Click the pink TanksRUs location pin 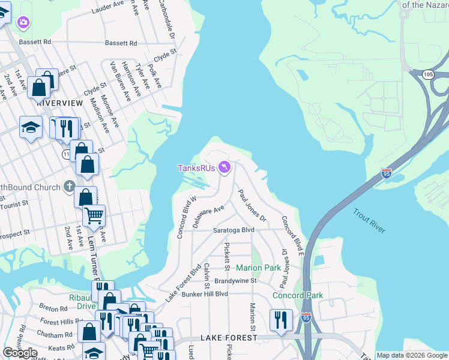point(224,167)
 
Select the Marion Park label point(258,267)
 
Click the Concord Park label point(298,295)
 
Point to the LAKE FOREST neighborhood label point(229,338)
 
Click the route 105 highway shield point(427,74)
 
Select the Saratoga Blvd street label point(235,230)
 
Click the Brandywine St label point(236,280)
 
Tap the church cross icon point(69,187)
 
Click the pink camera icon point(23,22)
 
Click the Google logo point(20,353)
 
